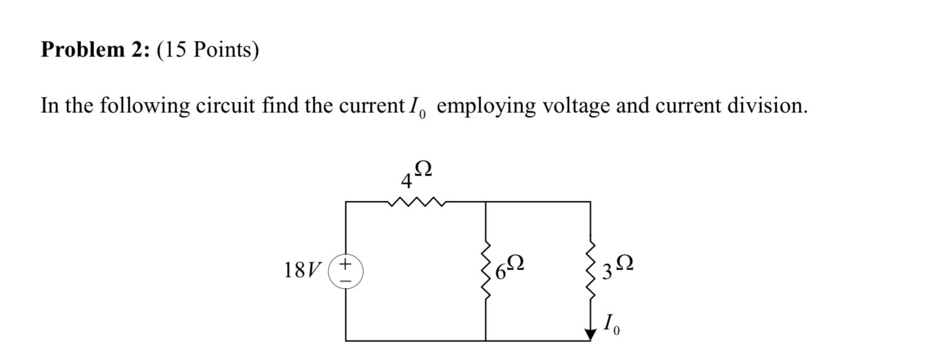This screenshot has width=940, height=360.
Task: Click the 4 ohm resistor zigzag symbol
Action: click(416, 202)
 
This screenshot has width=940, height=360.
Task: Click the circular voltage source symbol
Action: click(345, 272)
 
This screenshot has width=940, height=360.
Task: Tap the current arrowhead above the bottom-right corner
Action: click(591, 334)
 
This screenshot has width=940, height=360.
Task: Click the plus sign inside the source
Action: click(345, 264)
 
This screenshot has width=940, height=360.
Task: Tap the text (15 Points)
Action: click(208, 50)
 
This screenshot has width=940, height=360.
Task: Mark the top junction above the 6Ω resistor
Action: click(486, 202)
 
